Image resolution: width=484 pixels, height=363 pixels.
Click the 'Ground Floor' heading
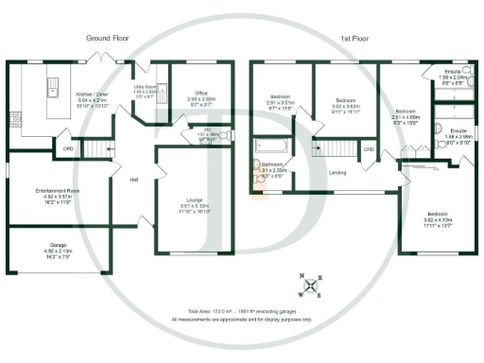tap(107, 39)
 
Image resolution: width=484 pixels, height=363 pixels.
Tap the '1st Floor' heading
tap(354, 39)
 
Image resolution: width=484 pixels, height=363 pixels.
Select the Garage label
tap(52, 248)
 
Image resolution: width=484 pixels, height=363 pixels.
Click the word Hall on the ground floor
tap(134, 180)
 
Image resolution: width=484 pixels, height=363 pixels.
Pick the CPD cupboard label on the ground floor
tap(67, 148)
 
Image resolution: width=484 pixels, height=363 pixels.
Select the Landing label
tap(334, 172)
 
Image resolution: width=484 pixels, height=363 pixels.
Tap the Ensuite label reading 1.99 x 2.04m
tap(458, 76)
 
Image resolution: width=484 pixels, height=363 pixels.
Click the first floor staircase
tap(334, 148)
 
